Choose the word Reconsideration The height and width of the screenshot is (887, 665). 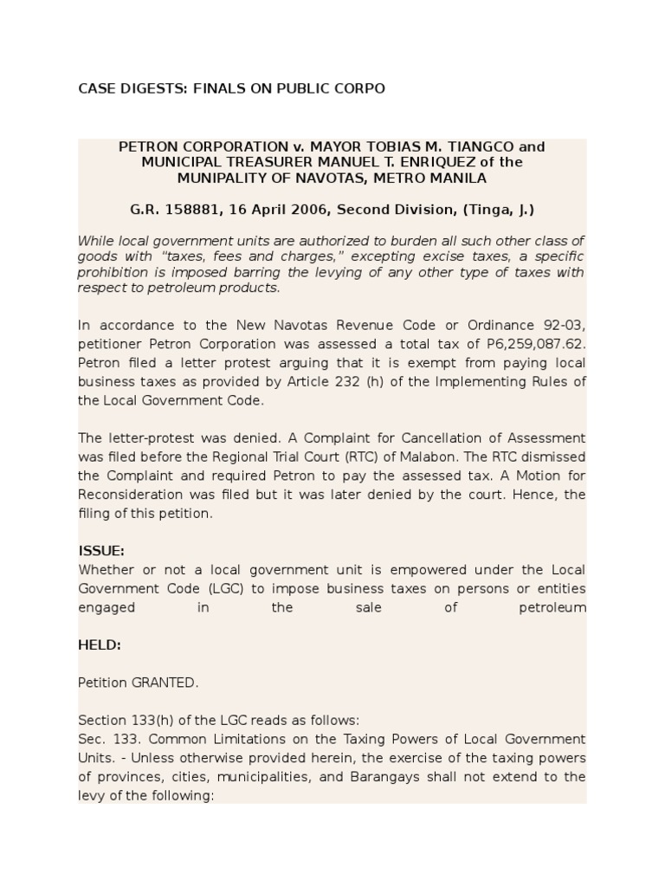point(128,495)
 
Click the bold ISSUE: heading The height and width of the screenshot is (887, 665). point(101,551)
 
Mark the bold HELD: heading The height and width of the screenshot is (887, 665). point(100,645)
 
